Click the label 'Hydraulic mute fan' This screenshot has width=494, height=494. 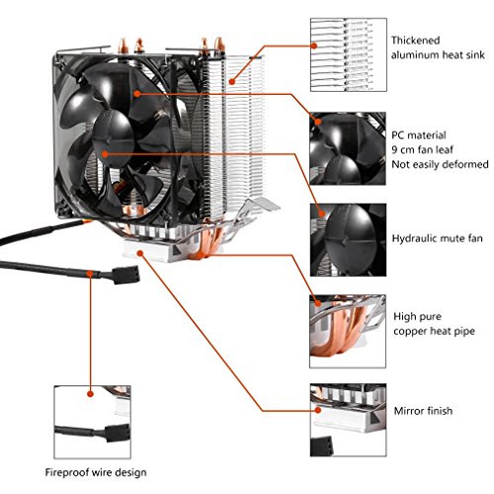(x=437, y=238)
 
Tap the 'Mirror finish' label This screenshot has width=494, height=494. (x=423, y=411)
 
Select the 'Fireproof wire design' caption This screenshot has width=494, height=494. (x=96, y=472)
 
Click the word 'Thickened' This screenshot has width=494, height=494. (x=416, y=41)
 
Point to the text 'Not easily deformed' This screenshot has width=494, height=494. (x=440, y=164)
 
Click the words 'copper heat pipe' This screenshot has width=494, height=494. (x=434, y=331)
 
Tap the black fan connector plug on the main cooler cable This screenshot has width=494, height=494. (x=126, y=275)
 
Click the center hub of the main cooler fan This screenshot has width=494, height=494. (x=113, y=137)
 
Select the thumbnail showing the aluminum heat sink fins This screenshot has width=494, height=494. (x=349, y=54)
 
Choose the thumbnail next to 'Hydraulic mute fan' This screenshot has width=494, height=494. (x=348, y=240)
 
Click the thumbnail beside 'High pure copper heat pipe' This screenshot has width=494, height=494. (x=348, y=331)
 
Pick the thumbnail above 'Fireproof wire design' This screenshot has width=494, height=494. (x=93, y=422)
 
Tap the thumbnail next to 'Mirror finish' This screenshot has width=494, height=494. (x=349, y=420)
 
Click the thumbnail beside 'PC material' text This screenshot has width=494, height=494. (x=348, y=148)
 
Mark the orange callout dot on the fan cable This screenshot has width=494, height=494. (x=90, y=274)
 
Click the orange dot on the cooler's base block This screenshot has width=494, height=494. (x=140, y=253)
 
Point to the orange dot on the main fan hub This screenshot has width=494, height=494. (x=105, y=154)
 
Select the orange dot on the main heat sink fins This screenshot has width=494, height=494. (x=232, y=81)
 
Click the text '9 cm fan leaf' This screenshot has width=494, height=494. (x=422, y=149)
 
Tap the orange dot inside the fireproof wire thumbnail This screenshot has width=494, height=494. (x=91, y=394)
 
